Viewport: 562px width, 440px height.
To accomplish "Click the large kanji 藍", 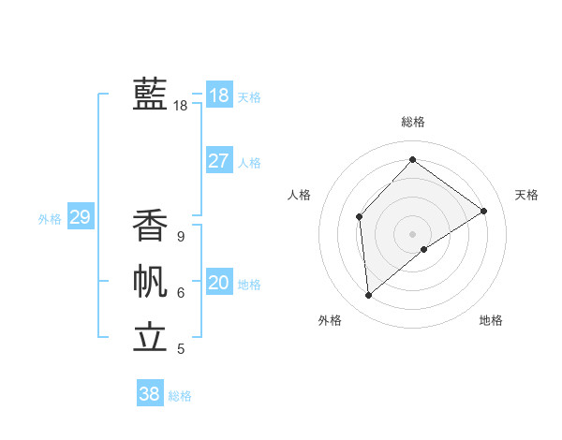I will click(x=150, y=94).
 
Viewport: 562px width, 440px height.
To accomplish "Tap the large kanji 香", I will click(x=150, y=226).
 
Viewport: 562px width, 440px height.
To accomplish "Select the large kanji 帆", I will click(x=150, y=282).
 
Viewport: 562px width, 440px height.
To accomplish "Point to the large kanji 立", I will click(x=150, y=337).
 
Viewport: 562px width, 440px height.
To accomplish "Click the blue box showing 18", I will click(x=219, y=95).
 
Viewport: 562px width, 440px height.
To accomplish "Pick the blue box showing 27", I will click(x=219, y=161).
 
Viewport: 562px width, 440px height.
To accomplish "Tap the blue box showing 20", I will click(x=219, y=283).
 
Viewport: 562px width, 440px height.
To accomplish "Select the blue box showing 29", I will click(x=80, y=218).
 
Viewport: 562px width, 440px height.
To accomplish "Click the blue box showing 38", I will click(x=150, y=394).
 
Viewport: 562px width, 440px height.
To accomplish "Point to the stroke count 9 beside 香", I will click(x=181, y=237).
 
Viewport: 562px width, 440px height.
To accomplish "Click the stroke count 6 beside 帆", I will click(x=181, y=293).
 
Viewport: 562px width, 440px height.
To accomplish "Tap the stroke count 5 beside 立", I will click(x=181, y=349).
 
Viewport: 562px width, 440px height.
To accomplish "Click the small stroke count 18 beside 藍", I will click(x=181, y=106).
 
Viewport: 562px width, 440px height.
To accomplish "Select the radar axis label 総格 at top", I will click(x=412, y=122).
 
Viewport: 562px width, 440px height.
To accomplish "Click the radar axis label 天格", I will click(x=526, y=195).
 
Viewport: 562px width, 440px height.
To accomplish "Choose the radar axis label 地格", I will click(x=491, y=320).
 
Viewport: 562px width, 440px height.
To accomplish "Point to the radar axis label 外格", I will click(x=330, y=320).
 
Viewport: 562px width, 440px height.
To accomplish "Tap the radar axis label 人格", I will click(x=299, y=195).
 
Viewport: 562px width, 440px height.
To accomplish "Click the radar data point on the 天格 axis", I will click(x=483, y=211).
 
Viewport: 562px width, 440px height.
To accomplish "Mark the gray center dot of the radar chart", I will click(x=412, y=233).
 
